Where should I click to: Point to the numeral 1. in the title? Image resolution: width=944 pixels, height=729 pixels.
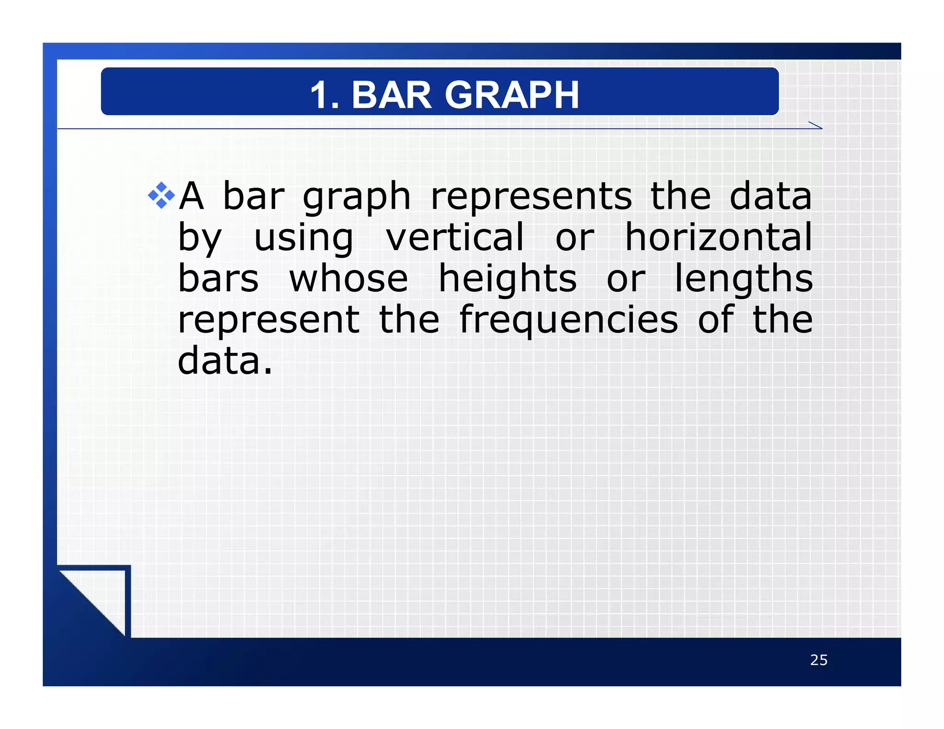pos(324,95)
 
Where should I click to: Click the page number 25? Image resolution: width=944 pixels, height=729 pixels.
pos(819,660)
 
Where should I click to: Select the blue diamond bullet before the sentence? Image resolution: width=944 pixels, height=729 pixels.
pos(161,195)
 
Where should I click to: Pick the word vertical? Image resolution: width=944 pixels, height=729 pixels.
pos(455,237)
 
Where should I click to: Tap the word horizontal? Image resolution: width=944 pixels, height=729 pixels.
pos(718,237)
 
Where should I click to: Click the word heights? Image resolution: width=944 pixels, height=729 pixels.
pos(507,279)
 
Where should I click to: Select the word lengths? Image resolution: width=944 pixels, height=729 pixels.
pos(743,279)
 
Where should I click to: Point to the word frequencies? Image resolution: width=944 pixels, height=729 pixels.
pos(568,321)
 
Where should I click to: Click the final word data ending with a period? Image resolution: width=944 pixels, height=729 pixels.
pos(225,361)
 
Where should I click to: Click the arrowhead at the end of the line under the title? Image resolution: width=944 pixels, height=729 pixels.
pos(816,126)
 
